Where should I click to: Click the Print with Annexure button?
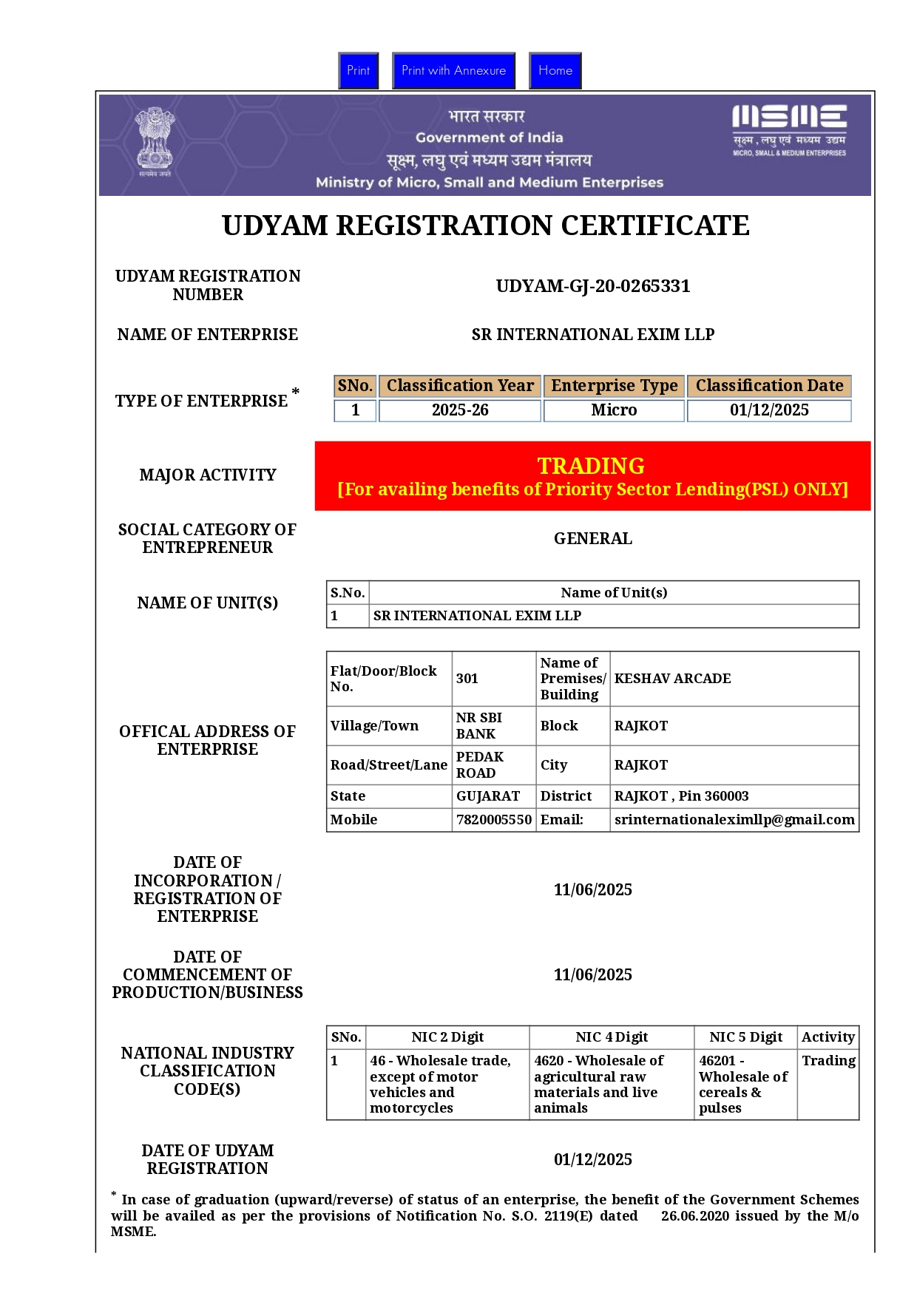[453, 71]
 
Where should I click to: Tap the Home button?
[555, 71]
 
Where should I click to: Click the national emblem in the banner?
[155, 141]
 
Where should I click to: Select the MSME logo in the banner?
[789, 130]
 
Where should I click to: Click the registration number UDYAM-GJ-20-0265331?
[593, 286]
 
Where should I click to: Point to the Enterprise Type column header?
[614, 386]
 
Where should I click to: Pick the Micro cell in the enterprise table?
[614, 410]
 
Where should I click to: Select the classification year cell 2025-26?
[460, 410]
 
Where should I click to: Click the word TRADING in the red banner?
[591, 466]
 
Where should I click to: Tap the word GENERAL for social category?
[593, 539]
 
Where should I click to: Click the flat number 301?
[467, 679]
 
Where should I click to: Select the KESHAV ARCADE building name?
[672, 679]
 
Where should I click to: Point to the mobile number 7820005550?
[494, 820]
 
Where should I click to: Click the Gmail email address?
[734, 820]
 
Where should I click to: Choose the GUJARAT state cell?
[488, 796]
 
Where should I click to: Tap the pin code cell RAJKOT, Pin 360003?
[681, 796]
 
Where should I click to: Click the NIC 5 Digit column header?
[745, 1037]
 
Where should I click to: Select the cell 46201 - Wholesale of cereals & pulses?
[743, 1084]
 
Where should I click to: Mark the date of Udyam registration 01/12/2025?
[593, 1160]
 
